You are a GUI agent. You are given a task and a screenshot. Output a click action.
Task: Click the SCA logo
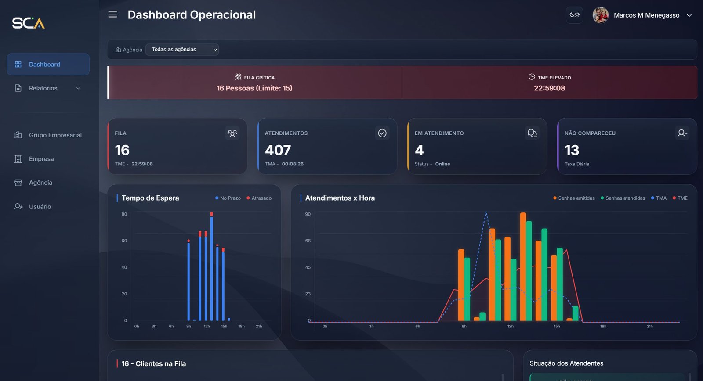click(x=28, y=23)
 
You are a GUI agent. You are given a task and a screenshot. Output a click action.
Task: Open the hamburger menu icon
click(x=112, y=14)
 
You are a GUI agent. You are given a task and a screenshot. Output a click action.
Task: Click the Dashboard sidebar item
click(x=48, y=65)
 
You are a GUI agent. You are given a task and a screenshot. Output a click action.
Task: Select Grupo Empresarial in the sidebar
click(x=55, y=135)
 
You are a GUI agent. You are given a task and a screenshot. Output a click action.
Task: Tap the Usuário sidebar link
click(x=40, y=207)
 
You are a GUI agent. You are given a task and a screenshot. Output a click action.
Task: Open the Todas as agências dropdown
click(x=182, y=50)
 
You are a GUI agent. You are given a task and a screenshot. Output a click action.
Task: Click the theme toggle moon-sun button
click(x=574, y=15)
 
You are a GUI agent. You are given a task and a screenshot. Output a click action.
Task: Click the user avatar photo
click(x=600, y=15)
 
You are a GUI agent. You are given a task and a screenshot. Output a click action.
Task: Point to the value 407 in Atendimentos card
click(x=278, y=150)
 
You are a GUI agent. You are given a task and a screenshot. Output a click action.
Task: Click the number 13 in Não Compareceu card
click(x=572, y=150)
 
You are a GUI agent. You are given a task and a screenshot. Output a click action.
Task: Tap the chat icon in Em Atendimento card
click(x=532, y=133)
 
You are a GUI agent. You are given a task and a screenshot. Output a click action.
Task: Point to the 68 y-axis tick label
click(x=308, y=241)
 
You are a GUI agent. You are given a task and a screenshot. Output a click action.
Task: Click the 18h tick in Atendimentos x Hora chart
click(x=603, y=327)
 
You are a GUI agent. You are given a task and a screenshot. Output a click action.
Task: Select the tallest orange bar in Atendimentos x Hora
click(x=523, y=268)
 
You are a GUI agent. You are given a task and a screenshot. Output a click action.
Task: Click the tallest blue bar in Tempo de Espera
click(x=211, y=268)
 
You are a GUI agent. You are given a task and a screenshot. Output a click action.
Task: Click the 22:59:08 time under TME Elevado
click(x=549, y=88)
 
